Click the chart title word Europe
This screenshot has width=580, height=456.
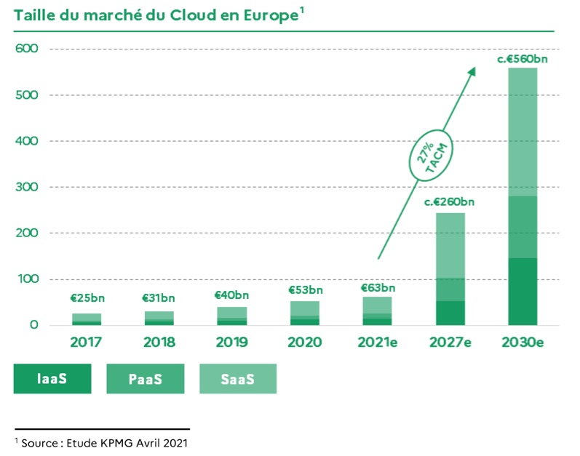tap(267, 15)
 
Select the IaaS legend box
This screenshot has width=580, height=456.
tap(52, 378)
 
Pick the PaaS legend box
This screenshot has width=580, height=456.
tap(145, 378)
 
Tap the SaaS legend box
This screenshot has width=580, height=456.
tap(238, 378)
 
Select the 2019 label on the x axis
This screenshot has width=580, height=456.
tap(232, 342)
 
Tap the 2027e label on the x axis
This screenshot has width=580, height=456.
tap(450, 342)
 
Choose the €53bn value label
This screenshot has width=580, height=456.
tap(305, 290)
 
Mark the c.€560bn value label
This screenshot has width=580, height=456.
tap(523, 57)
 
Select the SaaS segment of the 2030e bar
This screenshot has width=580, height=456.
tap(523, 131)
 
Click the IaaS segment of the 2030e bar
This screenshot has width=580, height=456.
tap(523, 291)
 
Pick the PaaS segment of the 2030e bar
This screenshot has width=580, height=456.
tap(523, 227)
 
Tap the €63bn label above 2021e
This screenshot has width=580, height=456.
tap(378, 287)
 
